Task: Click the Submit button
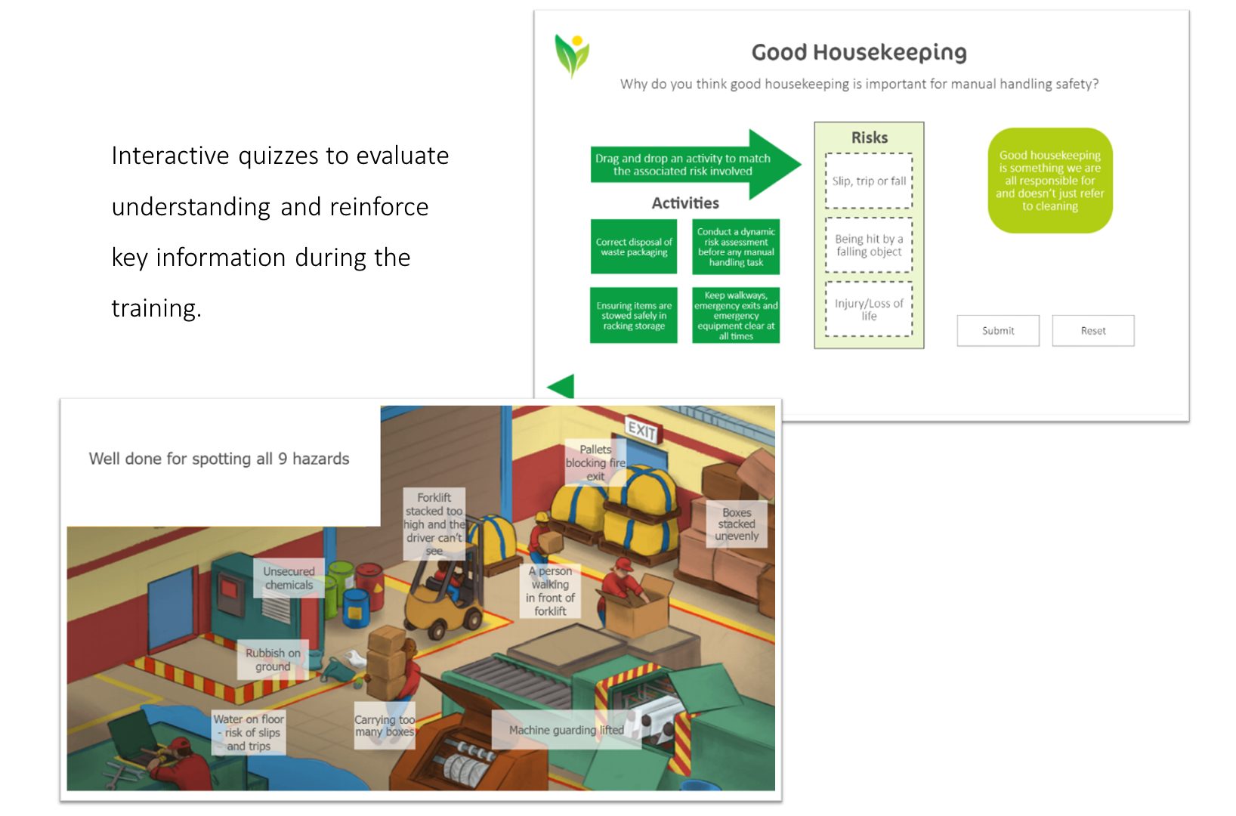tap(997, 330)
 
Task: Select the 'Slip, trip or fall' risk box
tap(869, 181)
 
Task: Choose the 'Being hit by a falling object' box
tap(869, 245)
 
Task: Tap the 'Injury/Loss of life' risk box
tap(869, 309)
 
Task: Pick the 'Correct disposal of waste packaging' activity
tap(633, 246)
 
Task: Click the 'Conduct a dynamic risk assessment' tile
tap(736, 246)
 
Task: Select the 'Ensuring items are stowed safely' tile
tap(633, 315)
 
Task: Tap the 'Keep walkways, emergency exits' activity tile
tap(736, 315)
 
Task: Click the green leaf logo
tap(572, 55)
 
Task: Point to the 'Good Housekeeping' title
tap(859, 52)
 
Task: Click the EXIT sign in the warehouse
tap(641, 430)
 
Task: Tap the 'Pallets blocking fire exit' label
tap(595, 462)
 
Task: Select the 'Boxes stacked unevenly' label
tap(737, 524)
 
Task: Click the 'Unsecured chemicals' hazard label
tap(289, 578)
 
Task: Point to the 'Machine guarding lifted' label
tap(566, 729)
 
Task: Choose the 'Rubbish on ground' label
tap(273, 660)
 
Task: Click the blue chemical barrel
tap(355, 607)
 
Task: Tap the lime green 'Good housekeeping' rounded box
tap(1049, 181)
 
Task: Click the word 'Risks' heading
tap(869, 138)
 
